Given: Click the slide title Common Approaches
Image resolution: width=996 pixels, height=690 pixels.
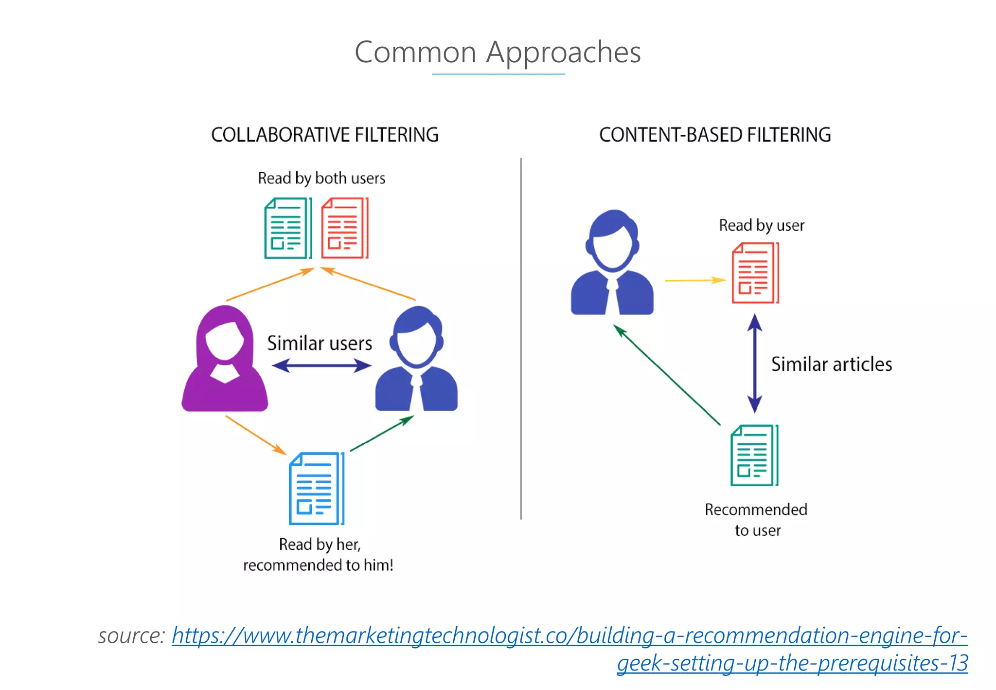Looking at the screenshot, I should point(498,52).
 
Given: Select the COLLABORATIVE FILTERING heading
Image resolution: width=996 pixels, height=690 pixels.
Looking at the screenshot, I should point(324,135).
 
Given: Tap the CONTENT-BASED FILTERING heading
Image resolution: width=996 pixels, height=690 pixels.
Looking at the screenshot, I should point(714,135).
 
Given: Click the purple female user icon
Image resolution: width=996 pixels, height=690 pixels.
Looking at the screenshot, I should point(224,360).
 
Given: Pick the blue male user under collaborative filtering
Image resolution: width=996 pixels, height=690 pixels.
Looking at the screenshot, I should point(416,360).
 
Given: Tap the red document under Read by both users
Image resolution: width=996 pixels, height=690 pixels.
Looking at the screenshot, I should point(344,228).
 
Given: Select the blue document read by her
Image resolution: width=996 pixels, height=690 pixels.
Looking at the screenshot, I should point(317,489).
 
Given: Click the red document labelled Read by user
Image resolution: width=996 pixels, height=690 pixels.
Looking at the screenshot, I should point(755,273).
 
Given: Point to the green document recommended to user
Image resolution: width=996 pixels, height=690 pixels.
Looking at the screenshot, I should point(754,455).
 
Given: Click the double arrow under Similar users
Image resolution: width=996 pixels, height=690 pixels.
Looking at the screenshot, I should point(321,365).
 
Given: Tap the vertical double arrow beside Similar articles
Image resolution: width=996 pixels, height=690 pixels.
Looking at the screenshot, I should point(754,363).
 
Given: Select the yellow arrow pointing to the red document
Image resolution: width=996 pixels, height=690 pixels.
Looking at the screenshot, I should point(694,280).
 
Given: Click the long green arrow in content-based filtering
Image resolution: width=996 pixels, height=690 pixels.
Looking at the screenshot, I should point(667,375).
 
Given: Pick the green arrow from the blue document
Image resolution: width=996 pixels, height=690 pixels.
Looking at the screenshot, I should point(382,433).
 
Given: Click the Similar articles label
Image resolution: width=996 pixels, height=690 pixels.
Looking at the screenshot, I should point(831,364).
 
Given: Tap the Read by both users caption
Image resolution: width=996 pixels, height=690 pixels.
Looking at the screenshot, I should point(321,178).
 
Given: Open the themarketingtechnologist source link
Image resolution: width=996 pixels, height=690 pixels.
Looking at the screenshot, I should point(569,636).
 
